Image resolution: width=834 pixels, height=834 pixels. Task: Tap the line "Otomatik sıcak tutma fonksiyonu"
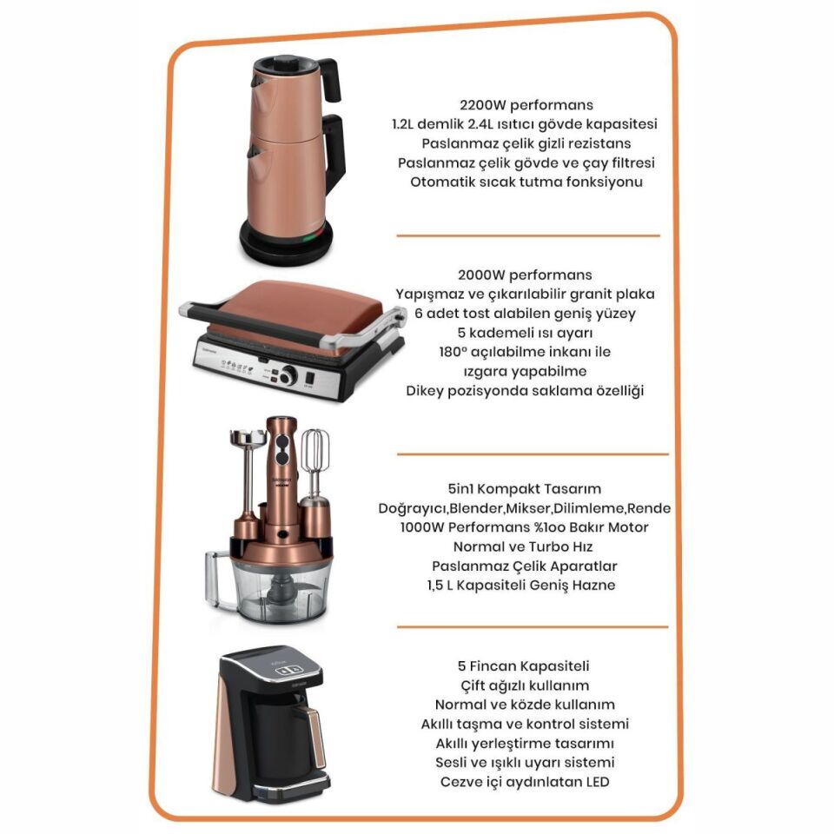526,182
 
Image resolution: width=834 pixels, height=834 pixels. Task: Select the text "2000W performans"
525,275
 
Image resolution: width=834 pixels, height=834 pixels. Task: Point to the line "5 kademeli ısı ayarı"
525,333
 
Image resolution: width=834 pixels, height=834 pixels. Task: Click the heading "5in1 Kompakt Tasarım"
525,489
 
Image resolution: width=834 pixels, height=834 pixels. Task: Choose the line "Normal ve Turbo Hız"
523,546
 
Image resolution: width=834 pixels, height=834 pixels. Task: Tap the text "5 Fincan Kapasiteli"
523,666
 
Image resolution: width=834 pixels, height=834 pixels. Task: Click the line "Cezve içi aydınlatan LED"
525,783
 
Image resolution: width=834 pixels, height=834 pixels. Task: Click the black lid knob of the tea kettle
286,63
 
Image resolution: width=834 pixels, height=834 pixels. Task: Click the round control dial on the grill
288,375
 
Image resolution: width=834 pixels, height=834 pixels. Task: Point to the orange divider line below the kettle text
528,235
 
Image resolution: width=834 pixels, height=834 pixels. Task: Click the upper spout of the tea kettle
257,82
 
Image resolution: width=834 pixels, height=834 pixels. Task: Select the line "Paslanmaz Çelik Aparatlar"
525,566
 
